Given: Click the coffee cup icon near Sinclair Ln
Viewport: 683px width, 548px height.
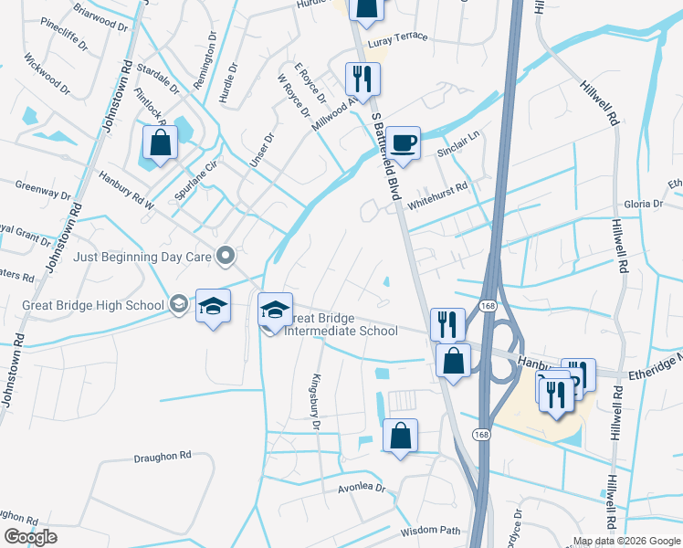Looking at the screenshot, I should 403,142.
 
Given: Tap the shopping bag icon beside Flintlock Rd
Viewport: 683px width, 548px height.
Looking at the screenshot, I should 161,142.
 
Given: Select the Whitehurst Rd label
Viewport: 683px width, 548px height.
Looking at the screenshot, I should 438,187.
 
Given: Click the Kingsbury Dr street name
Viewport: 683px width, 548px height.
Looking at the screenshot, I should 317,401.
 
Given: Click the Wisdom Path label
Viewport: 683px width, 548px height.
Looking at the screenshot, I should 430,530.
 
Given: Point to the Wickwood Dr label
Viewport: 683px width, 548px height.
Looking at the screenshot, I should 48,77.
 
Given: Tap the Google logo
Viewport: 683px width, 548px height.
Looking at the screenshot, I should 30,537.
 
